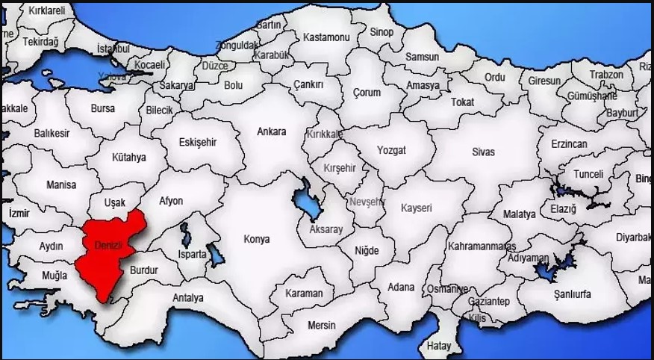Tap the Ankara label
tap(271, 132)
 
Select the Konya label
tap(256, 240)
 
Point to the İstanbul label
tap(113, 49)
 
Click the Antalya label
tap(188, 298)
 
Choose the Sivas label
tap(483, 152)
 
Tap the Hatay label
tap(439, 346)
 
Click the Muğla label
tap(54, 276)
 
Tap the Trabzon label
tap(605, 75)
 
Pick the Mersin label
tap(322, 325)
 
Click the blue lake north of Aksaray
tap(305, 199)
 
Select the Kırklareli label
tap(47, 10)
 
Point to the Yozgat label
tap(391, 150)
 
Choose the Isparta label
tap(192, 254)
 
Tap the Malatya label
tap(520, 214)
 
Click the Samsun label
tap(422, 56)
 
